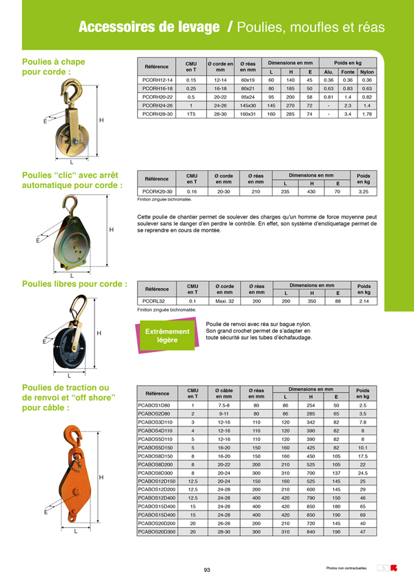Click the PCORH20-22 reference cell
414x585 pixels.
point(157,97)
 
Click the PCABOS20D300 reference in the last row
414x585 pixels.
point(157,532)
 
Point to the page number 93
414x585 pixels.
point(207,569)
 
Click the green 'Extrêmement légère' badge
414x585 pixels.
point(166,336)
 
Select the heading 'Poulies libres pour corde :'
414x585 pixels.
point(75,283)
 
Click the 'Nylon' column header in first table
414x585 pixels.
point(367,72)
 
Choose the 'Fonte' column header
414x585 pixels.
point(348,72)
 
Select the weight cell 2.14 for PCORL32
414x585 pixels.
point(364,301)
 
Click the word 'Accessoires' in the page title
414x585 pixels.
point(115,28)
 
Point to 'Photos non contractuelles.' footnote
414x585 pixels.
point(347,568)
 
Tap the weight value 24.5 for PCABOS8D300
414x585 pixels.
point(364,473)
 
